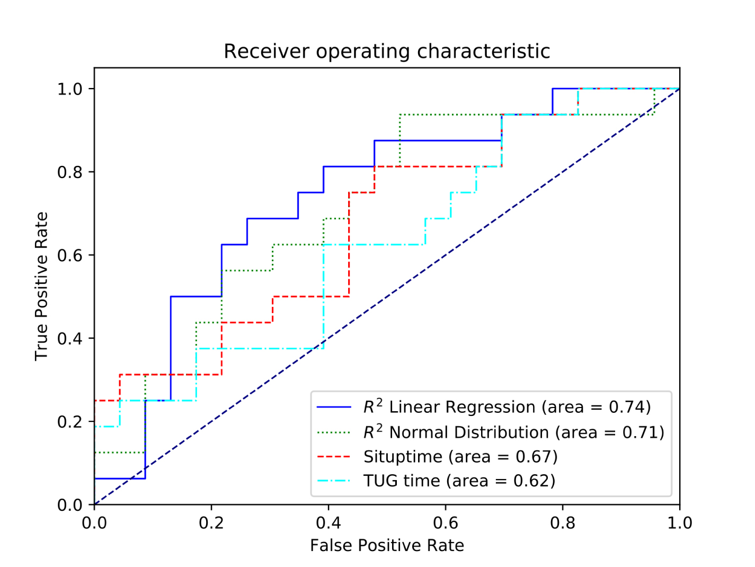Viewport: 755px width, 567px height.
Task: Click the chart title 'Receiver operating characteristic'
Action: pyautogui.click(x=387, y=51)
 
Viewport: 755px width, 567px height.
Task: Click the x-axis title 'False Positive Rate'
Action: pyautogui.click(x=387, y=545)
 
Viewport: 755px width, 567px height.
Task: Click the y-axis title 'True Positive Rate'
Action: pyautogui.click(x=41, y=286)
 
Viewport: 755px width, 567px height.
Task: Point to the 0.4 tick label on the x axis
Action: pyautogui.click(x=328, y=523)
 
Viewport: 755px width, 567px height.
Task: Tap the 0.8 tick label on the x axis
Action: pyautogui.click(x=563, y=523)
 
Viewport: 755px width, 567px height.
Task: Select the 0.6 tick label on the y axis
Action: pyautogui.click(x=70, y=255)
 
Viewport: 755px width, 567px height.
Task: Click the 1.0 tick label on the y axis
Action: pyautogui.click(x=70, y=89)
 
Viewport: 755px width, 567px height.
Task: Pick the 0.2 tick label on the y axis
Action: pyautogui.click(x=70, y=422)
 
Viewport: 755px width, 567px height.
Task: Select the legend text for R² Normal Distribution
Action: pyautogui.click(x=513, y=432)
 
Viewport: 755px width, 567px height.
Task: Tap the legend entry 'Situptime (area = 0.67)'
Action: pyautogui.click(x=460, y=456)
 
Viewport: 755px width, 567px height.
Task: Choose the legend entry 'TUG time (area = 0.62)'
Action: pyautogui.click(x=459, y=481)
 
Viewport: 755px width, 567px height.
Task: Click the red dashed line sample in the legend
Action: pyautogui.click(x=334, y=456)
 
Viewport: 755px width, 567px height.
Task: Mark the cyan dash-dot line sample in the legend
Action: pyautogui.click(x=334, y=481)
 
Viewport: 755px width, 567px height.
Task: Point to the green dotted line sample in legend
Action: pyautogui.click(x=334, y=432)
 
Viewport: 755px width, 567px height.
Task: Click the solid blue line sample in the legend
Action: pyautogui.click(x=334, y=407)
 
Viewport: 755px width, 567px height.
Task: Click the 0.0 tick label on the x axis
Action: pyautogui.click(x=94, y=523)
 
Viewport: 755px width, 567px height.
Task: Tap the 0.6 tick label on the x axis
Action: pyautogui.click(x=446, y=523)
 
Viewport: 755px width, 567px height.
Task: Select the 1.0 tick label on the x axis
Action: pyautogui.click(x=679, y=523)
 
